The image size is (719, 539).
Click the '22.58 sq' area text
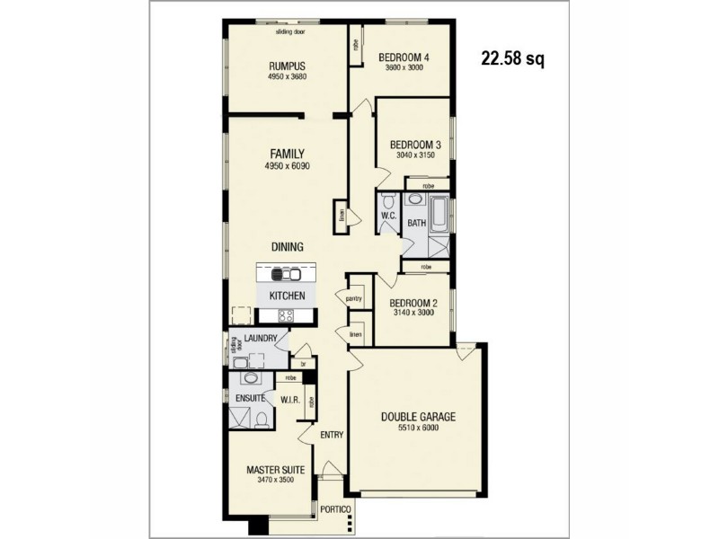[513, 59]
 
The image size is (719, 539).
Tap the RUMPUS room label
[288, 66]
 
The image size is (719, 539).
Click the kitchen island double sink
[287, 275]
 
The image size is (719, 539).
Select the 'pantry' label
[352, 297]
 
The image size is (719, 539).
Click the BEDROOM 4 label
[404, 57]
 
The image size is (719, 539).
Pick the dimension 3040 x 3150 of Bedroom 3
[414, 155]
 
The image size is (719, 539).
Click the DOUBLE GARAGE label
[418, 417]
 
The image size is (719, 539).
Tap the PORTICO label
[335, 510]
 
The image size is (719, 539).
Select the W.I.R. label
[290, 399]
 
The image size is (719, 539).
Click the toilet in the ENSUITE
[260, 418]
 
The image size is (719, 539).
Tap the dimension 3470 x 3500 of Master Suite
[276, 481]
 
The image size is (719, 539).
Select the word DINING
[288, 246]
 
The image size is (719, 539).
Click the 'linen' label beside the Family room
[342, 216]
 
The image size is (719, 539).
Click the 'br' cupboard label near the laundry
[303, 364]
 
